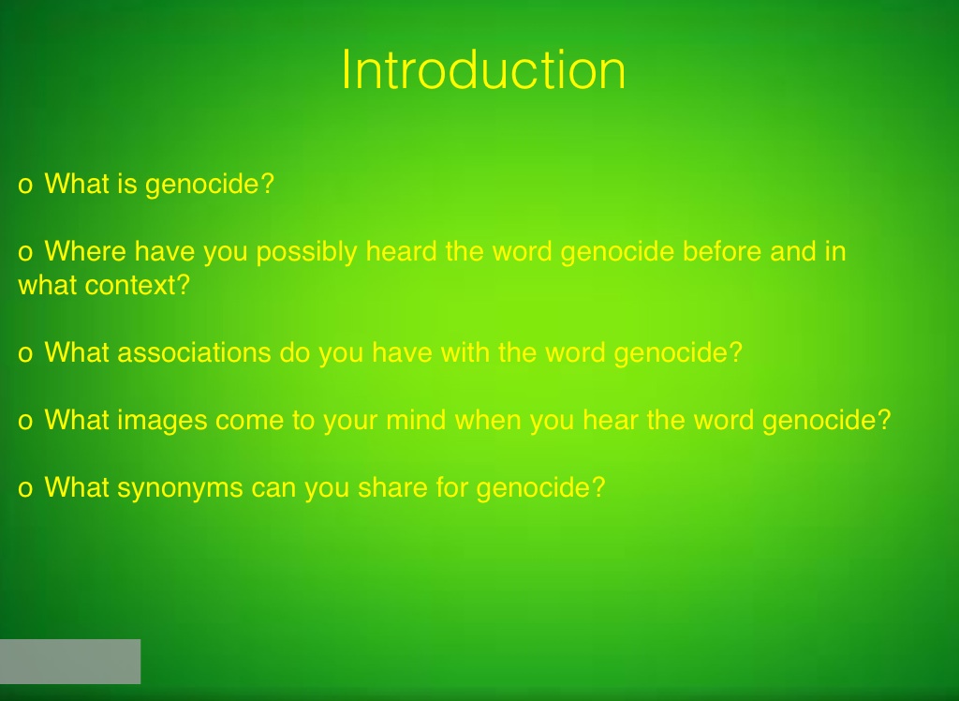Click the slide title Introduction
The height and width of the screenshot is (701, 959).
[483, 70]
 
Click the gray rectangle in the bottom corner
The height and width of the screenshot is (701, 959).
[70, 662]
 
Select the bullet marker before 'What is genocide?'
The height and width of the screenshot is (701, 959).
[25, 185]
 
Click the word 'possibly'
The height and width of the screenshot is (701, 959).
[306, 252]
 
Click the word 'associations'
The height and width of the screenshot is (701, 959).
[194, 352]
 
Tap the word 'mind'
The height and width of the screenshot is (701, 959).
[416, 420]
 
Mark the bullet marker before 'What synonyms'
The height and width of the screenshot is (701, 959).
[25, 488]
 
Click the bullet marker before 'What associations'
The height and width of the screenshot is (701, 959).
[25, 354]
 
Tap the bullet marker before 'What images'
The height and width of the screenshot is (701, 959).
[25, 421]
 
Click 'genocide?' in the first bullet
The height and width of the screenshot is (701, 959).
[210, 185]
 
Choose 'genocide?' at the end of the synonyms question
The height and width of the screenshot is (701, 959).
[540, 488]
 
